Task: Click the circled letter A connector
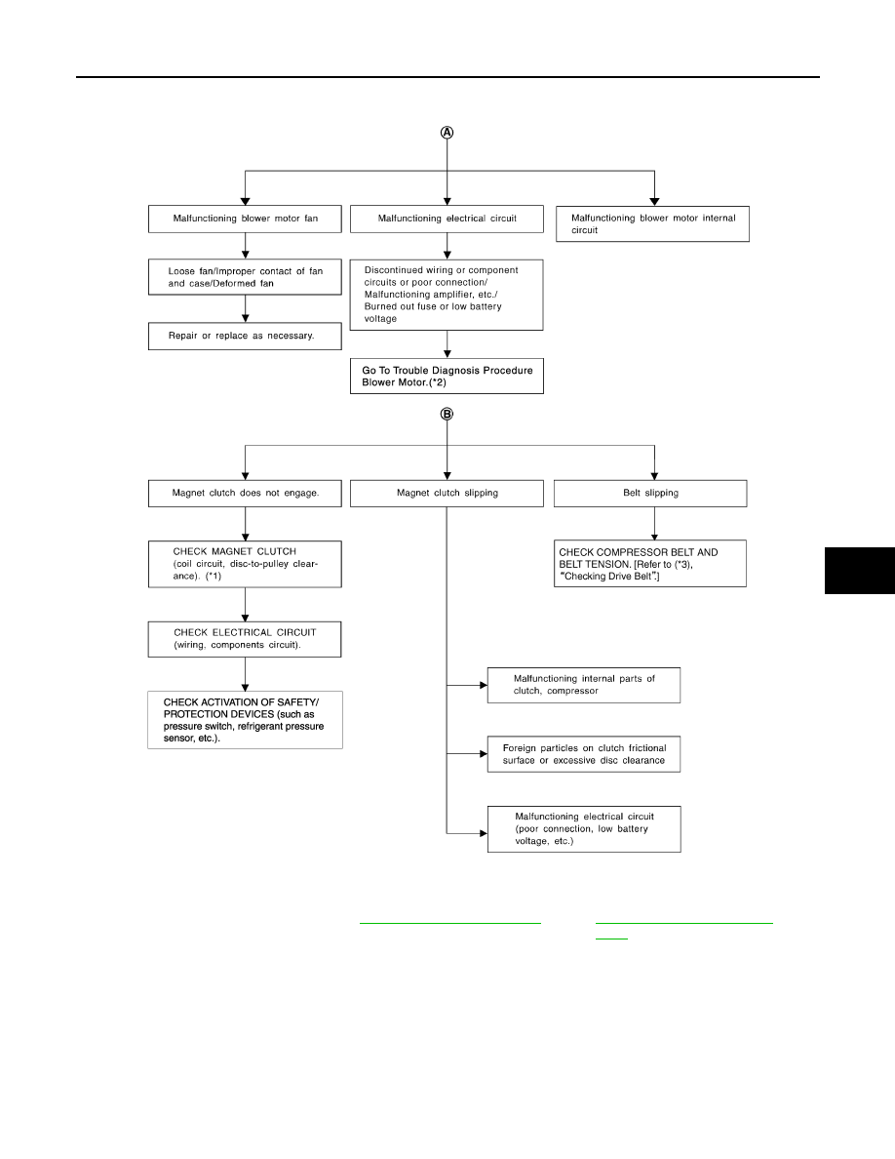(x=447, y=133)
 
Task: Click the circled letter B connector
(x=447, y=414)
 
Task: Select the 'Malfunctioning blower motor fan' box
(x=245, y=219)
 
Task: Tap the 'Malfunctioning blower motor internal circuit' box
(x=653, y=224)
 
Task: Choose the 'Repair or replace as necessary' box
(x=245, y=337)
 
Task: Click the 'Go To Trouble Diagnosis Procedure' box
(x=447, y=377)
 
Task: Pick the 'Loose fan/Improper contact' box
(x=245, y=277)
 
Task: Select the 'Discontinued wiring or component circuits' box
(x=447, y=295)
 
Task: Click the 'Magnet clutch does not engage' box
(x=245, y=493)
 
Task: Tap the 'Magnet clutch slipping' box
(x=447, y=493)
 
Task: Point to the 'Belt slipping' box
(x=650, y=493)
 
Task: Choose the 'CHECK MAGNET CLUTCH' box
(x=245, y=564)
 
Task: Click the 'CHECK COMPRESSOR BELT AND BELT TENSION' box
(x=650, y=563)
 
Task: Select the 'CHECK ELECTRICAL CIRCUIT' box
(x=245, y=639)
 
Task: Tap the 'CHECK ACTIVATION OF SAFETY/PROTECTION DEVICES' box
(x=245, y=720)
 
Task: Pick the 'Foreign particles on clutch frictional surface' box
(x=584, y=754)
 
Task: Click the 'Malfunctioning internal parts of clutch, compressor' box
(x=584, y=685)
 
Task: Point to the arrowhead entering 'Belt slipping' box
(x=654, y=476)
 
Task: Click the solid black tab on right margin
(x=860, y=571)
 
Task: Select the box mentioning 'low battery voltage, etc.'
(x=584, y=829)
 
